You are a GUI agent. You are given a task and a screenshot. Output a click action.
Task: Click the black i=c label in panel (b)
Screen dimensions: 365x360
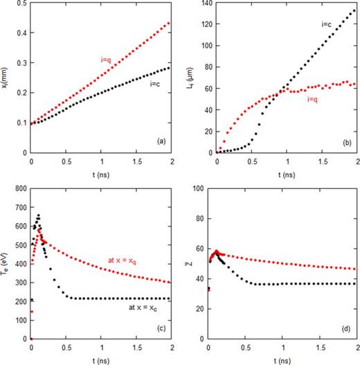click(x=327, y=24)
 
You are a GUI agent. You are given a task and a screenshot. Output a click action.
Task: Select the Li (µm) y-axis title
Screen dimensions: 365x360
click(x=189, y=78)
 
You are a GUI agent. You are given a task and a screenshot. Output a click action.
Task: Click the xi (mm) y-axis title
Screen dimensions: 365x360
click(x=6, y=78)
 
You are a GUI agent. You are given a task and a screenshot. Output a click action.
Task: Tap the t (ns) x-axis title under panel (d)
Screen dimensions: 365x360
click(x=282, y=359)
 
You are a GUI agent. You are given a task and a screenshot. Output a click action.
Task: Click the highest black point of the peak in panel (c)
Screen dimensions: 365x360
click(x=38, y=215)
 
